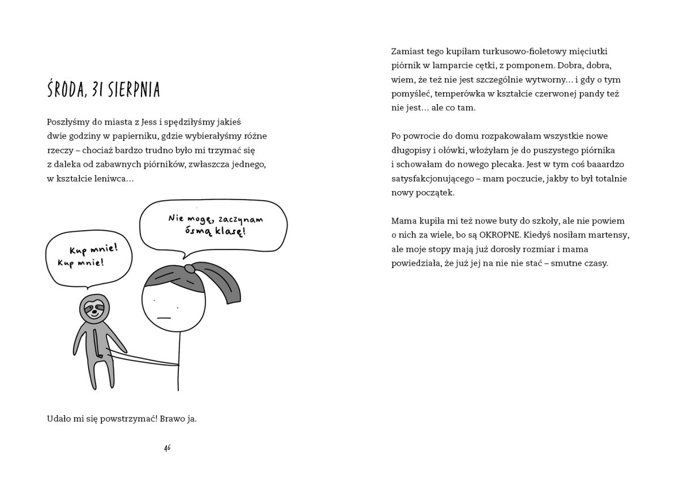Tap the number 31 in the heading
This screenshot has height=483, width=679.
coord(100,90)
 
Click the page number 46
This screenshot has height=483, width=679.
coord(167,447)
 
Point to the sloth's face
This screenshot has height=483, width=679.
coord(92,309)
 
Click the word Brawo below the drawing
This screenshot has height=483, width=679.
coord(169,420)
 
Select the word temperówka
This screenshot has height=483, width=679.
coord(462,93)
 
